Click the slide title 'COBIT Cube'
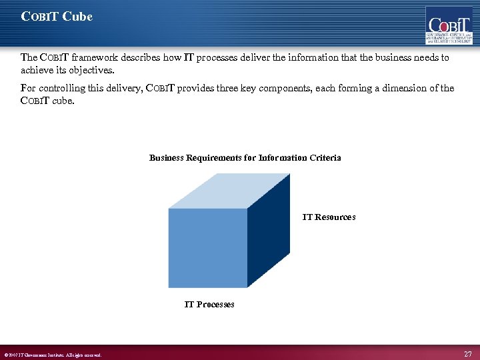coord(57,17)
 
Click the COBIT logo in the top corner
coord(449,25)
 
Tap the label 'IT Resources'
coord(329,217)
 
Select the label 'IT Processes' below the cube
coord(209,304)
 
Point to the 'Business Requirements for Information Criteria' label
coord(245,158)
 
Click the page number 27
coord(467,353)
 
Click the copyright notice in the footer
coord(53,355)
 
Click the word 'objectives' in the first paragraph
coord(91,70)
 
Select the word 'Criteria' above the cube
coord(325,158)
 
